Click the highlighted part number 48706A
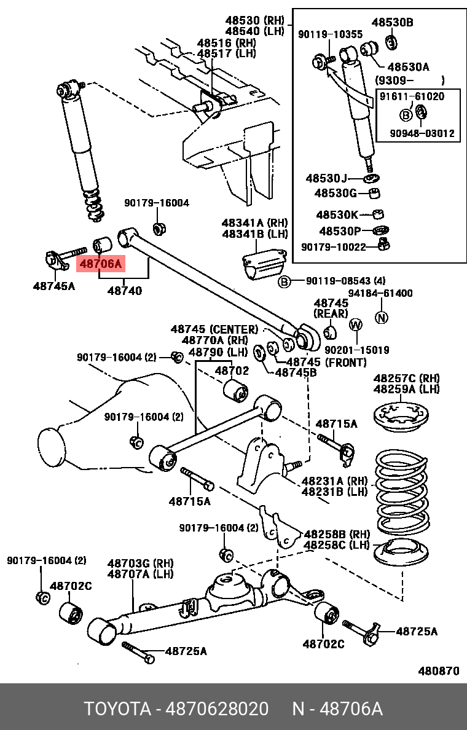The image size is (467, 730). click(x=100, y=264)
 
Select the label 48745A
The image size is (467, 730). click(x=54, y=286)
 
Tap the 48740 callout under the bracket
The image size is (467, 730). click(x=125, y=290)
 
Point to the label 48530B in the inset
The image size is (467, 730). click(x=392, y=23)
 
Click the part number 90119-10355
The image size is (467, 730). click(x=330, y=34)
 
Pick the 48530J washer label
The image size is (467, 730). click(x=326, y=179)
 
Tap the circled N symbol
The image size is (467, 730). click(x=382, y=318)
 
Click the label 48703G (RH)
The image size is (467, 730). click(x=141, y=563)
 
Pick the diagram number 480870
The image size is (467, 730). click(x=439, y=671)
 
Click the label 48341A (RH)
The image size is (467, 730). click(x=254, y=222)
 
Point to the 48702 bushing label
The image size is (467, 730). click(x=231, y=371)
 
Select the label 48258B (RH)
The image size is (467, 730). click(x=337, y=533)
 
